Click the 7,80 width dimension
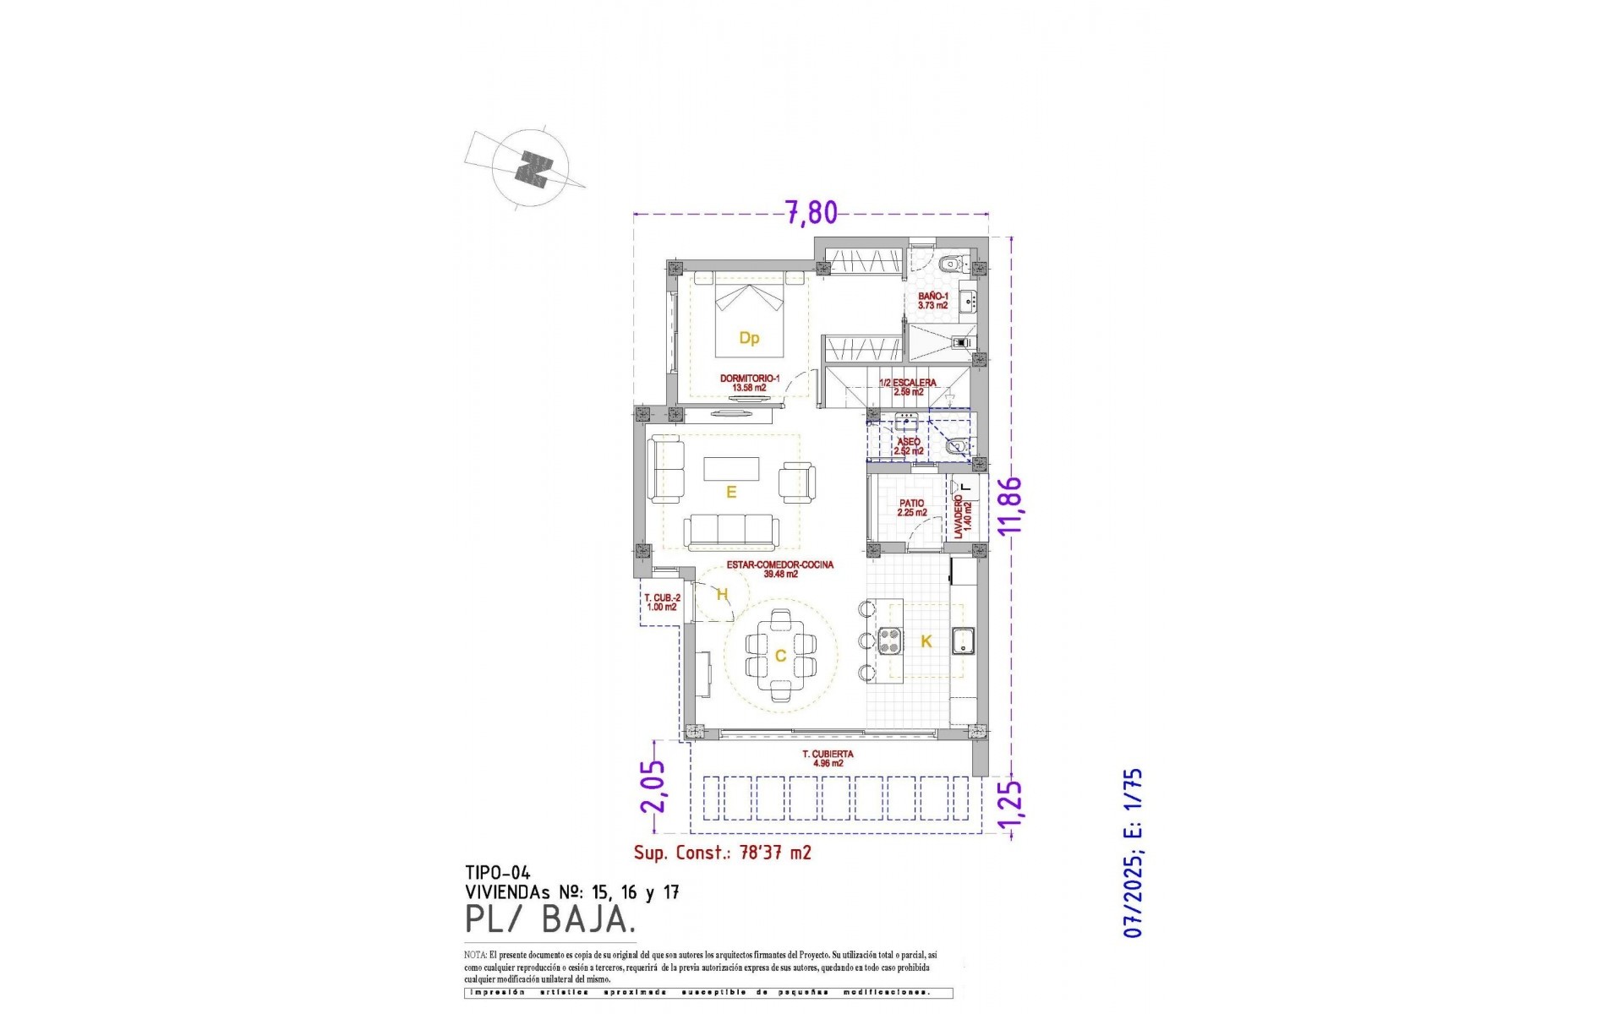tap(811, 212)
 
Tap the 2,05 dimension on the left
tap(653, 786)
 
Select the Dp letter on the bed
tap(749, 338)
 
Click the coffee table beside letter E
tap(731, 468)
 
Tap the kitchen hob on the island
tap(889, 641)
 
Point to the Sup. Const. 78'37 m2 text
tap(722, 853)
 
